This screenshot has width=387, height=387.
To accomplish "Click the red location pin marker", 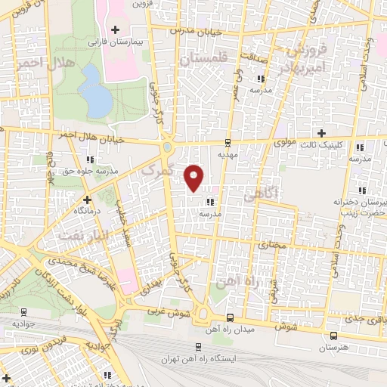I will point(194,177).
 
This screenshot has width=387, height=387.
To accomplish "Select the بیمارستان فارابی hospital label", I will point(116,44).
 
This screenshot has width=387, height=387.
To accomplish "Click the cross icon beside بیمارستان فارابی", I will point(115,30).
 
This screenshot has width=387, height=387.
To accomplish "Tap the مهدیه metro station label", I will point(228,153).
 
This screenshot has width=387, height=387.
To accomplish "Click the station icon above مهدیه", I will point(228,141).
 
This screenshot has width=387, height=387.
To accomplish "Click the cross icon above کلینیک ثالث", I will point(321,132).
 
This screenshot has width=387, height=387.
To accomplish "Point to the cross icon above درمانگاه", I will point(88,201).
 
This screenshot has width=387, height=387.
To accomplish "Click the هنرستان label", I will point(333,347).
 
